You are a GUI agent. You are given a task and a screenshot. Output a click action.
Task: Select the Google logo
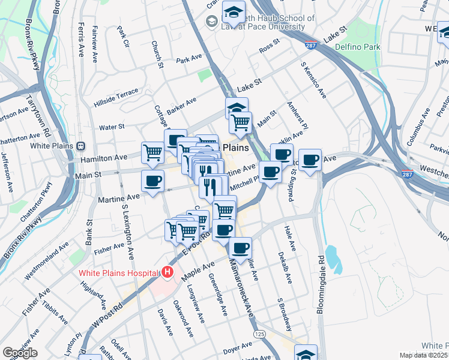(20, 353)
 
